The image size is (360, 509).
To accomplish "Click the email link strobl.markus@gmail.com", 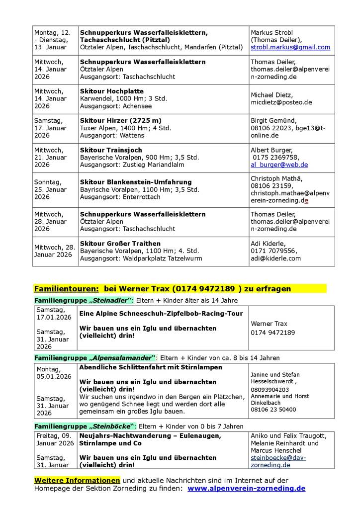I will coord(290,47).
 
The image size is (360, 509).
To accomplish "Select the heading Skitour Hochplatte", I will coord(112,91).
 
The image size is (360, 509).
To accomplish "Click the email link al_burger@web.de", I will coord(279,165).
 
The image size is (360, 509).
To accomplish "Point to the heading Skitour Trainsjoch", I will coord(111,150).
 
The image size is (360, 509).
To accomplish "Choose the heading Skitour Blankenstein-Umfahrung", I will coord(136,182).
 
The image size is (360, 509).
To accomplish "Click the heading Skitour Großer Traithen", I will coord(120,244).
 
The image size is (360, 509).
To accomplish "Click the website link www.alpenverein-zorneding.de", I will coord(247,489).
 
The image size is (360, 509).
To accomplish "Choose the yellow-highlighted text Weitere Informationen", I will coord(77,480).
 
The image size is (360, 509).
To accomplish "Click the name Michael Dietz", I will coord(272,95).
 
